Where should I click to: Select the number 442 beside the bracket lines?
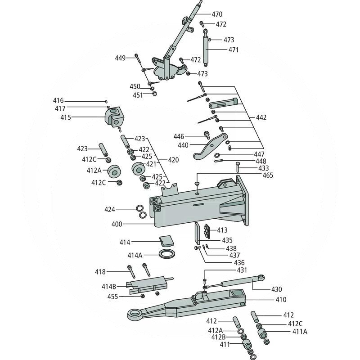click(x=261, y=117)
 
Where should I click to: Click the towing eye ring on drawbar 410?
click(x=135, y=314)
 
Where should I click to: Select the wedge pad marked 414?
click(x=166, y=241)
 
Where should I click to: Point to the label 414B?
click(x=108, y=286)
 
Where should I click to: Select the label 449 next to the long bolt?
click(x=120, y=58)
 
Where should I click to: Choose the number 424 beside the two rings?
click(x=110, y=209)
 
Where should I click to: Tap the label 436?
click(x=239, y=263)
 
